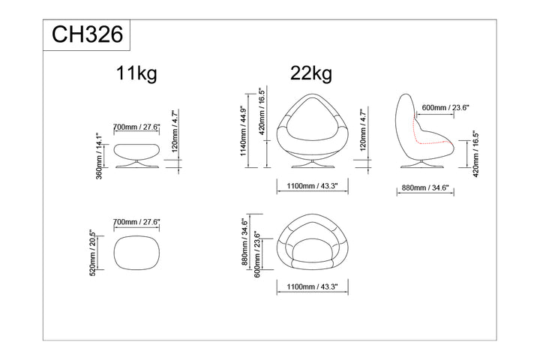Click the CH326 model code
(x=87, y=34)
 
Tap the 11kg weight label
(x=136, y=73)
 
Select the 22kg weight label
(x=311, y=73)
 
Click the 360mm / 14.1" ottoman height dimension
(x=98, y=156)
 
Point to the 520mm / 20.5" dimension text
(x=93, y=253)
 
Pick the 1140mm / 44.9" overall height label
(x=244, y=131)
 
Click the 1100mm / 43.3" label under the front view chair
(x=312, y=186)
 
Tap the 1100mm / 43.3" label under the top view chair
(x=312, y=286)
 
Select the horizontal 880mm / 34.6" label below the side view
(x=425, y=187)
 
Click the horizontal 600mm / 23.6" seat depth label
(x=445, y=107)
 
